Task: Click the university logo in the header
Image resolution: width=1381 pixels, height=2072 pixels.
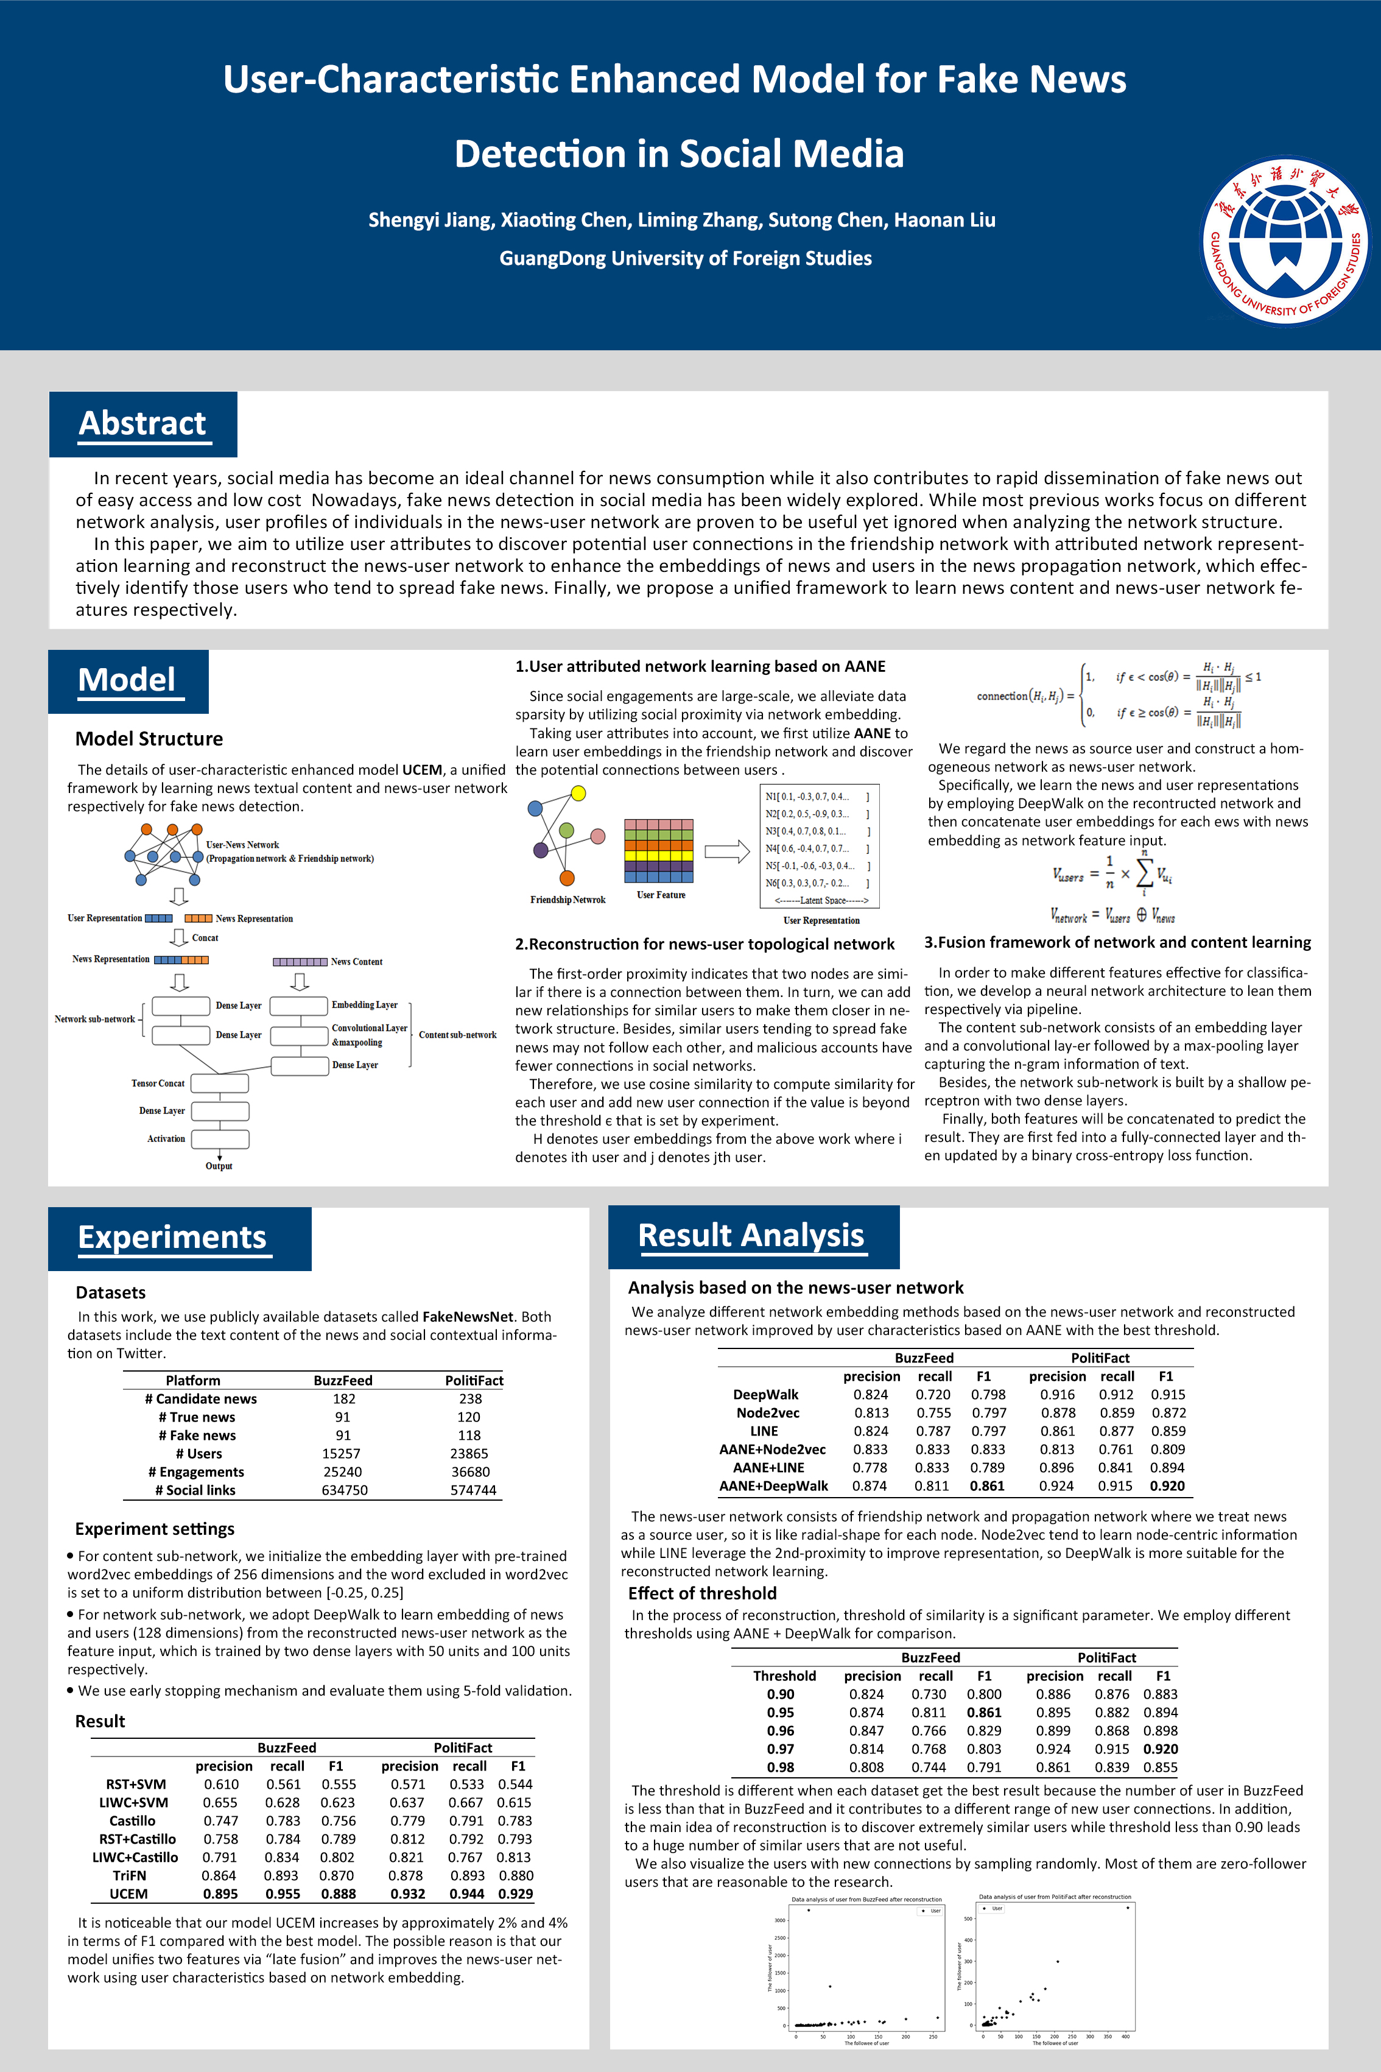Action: pyautogui.click(x=1285, y=241)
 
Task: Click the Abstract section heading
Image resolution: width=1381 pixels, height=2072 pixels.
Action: pyautogui.click(x=142, y=424)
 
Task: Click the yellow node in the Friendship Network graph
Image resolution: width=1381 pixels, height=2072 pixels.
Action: pyautogui.click(x=578, y=793)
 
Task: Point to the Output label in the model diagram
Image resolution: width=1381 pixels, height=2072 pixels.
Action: pyautogui.click(x=219, y=1166)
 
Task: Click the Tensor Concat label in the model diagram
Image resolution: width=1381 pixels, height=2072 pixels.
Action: pyautogui.click(x=158, y=1083)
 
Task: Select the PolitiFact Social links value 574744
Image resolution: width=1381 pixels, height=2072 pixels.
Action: pyautogui.click(x=473, y=1490)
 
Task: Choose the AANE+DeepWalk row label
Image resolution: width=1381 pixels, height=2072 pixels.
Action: pyautogui.click(x=773, y=1486)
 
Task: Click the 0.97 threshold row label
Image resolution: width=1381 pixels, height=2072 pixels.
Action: pyautogui.click(x=781, y=1749)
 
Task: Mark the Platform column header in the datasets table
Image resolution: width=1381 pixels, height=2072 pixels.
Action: pyautogui.click(x=193, y=1381)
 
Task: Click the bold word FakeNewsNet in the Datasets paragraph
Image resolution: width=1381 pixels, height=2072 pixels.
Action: pyautogui.click(x=467, y=1316)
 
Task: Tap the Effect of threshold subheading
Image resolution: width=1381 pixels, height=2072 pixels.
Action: pyautogui.click(x=702, y=1593)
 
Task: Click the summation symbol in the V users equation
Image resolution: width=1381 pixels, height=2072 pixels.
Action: pyautogui.click(x=1144, y=873)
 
